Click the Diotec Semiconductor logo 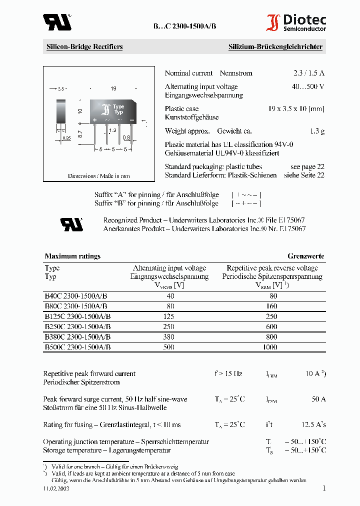point(296,22)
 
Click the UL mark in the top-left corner point(56,22)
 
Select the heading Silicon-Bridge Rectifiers point(84,47)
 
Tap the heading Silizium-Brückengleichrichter point(275,47)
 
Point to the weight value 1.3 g point(317,131)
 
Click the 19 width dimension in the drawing point(113,88)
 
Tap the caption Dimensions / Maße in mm point(99,176)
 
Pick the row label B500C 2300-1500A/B point(77,346)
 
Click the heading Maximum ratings point(72,256)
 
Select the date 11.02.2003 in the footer point(56,489)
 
